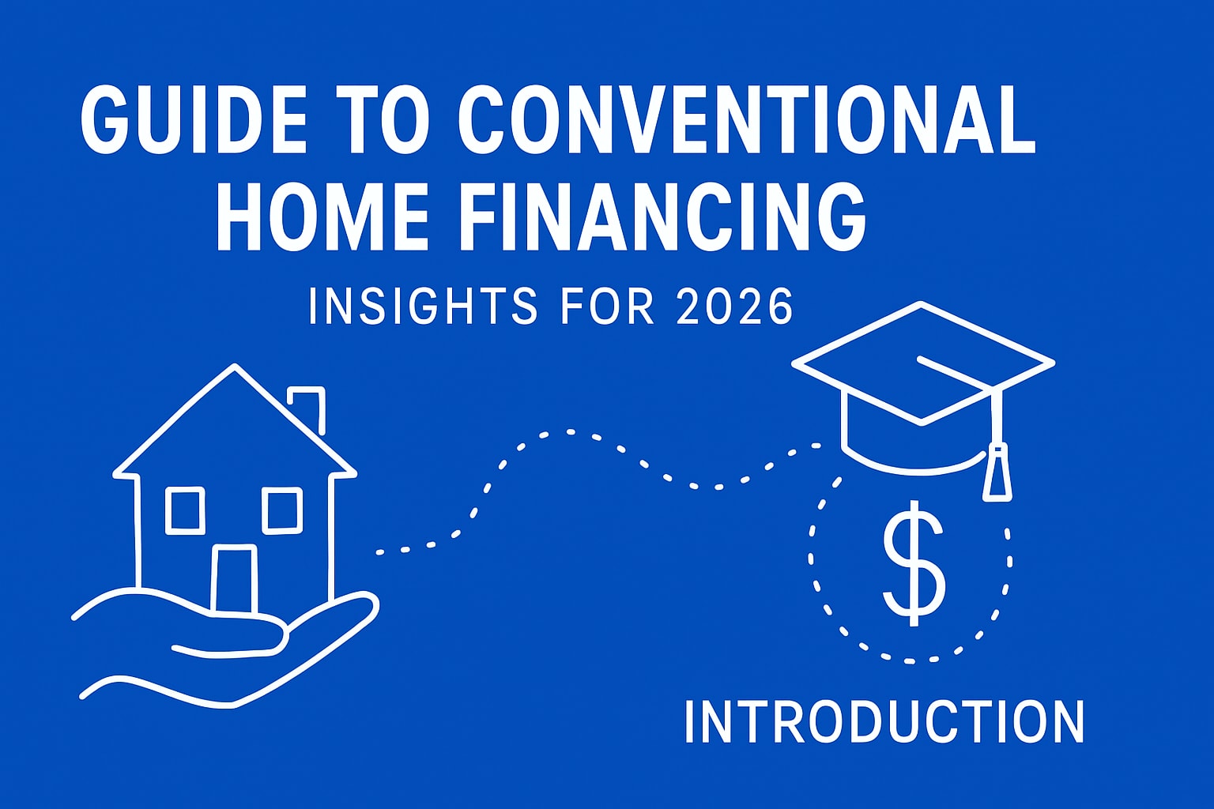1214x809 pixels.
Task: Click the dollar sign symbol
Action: point(914,563)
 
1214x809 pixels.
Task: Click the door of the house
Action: point(235,580)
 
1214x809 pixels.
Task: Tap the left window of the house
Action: point(185,510)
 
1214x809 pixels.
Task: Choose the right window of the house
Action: point(282,510)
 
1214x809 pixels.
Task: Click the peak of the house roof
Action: point(235,365)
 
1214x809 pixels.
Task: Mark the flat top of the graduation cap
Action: point(922,362)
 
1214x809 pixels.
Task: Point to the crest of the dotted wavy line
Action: point(569,432)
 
